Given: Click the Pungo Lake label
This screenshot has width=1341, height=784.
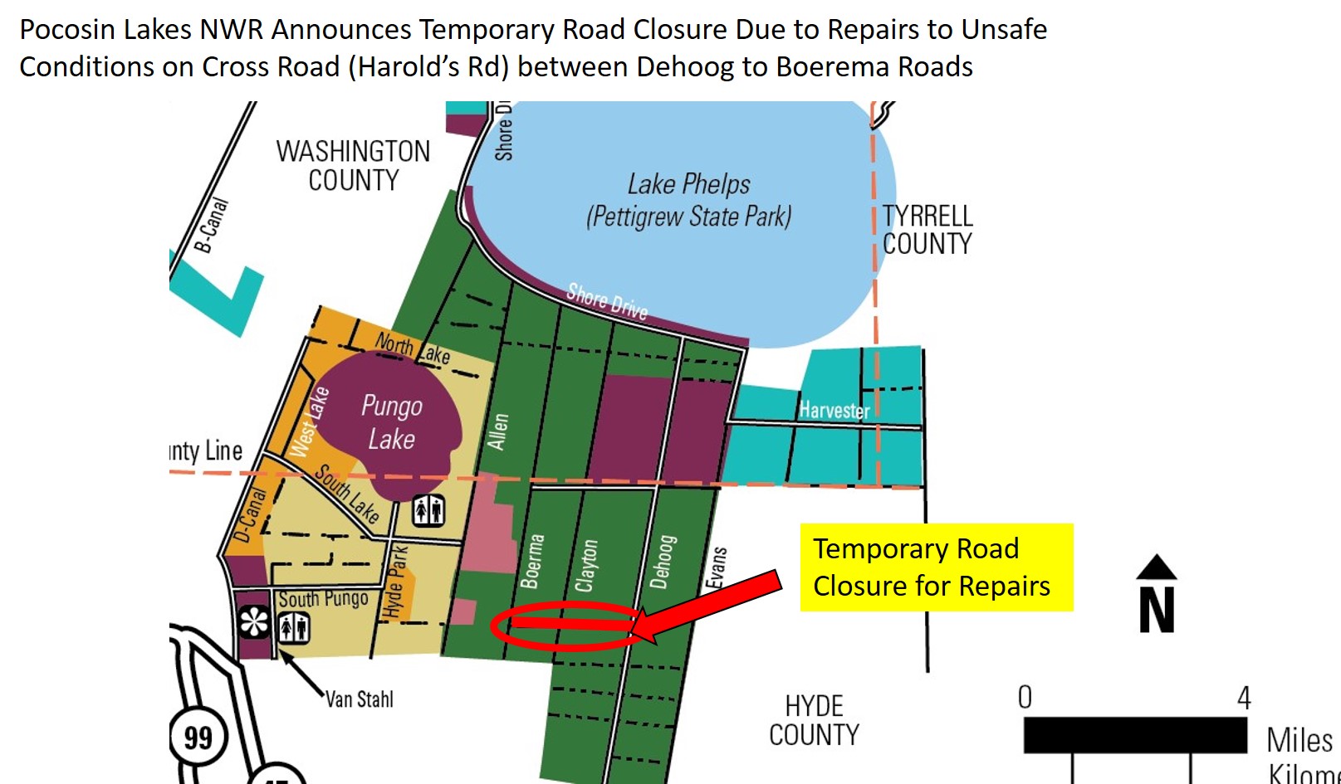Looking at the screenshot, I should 391,422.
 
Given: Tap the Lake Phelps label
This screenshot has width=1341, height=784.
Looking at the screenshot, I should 688,200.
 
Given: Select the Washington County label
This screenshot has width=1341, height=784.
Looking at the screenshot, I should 353,165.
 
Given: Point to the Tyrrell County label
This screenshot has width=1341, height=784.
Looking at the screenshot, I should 927,230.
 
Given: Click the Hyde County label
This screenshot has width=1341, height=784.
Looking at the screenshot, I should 814,720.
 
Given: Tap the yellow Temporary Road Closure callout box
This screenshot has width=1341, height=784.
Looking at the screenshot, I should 936,567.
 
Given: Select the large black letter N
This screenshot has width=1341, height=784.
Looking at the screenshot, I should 1157,609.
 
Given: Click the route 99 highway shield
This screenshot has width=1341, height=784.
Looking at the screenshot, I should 198,737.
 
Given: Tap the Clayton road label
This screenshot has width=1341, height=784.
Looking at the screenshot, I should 586,566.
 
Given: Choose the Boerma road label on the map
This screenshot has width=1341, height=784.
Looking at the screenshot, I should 532,562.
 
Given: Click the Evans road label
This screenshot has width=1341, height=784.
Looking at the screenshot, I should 717,567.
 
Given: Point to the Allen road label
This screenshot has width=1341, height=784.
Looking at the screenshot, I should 497,431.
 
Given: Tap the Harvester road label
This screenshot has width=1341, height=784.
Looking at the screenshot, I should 834,410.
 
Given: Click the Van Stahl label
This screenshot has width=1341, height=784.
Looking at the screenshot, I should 359,699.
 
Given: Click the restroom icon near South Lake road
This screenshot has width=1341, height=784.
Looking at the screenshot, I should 428,511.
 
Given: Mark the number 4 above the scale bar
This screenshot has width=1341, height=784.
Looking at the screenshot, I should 1243,698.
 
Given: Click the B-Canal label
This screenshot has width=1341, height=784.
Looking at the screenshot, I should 210,225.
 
